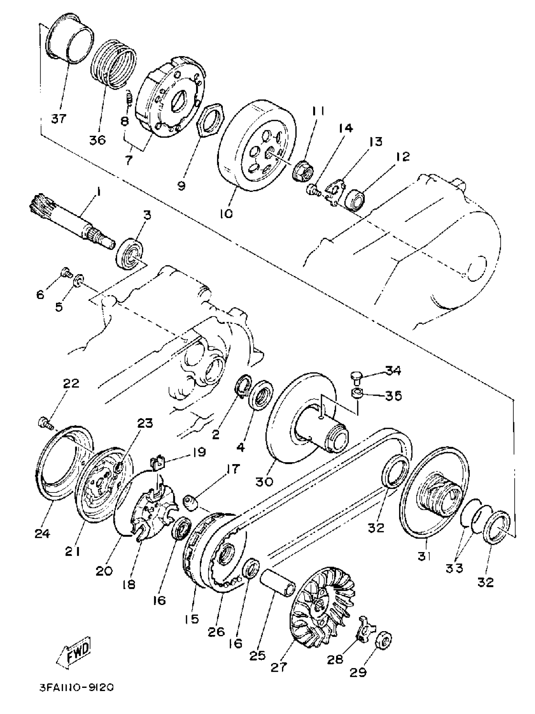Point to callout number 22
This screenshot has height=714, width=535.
coord(71,383)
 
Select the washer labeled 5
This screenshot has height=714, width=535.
coord(79,279)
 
